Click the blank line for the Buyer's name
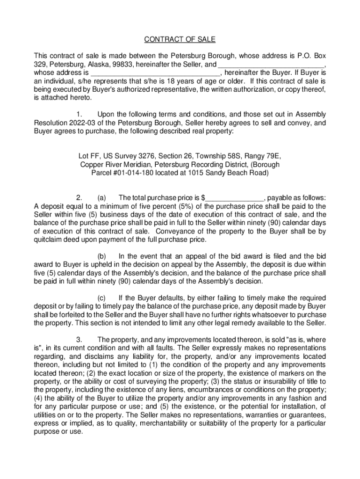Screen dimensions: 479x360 point(271,65)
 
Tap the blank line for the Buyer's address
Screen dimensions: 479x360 point(155,74)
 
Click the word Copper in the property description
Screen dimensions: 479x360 point(92,165)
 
